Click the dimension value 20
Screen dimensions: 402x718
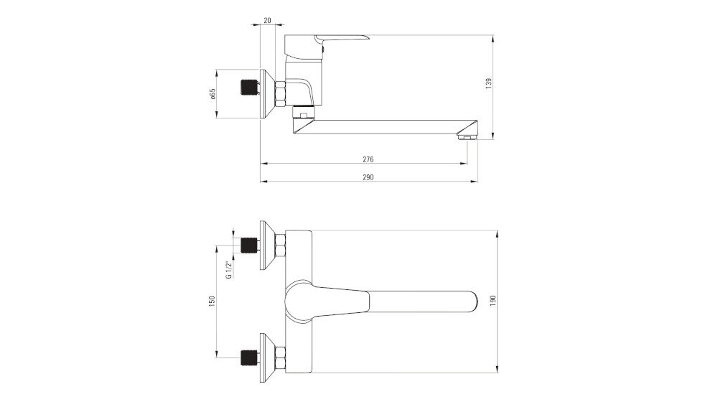(267, 21)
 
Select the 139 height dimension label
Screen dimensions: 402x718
(488, 84)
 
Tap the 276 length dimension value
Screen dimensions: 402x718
(368, 159)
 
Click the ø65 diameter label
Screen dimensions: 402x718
(213, 94)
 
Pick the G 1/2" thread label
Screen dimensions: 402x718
(228, 267)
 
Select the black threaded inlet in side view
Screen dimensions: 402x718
(248, 88)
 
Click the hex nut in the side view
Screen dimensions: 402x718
(280, 92)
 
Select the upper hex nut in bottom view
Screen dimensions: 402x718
(280, 246)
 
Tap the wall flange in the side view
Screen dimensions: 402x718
(266, 94)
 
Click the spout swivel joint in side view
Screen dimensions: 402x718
(304, 114)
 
